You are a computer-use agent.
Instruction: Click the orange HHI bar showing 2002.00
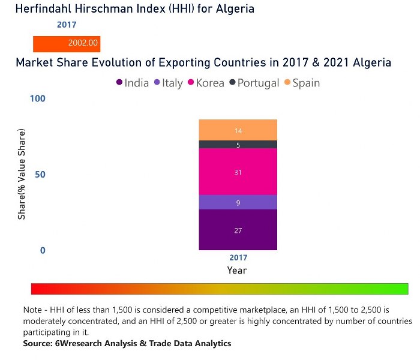[66, 44]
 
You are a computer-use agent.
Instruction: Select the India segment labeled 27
[238, 230]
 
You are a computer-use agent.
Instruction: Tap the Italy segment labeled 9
[238, 203]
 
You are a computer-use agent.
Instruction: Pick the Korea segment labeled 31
[238, 172]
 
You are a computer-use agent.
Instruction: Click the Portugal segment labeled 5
[238, 145]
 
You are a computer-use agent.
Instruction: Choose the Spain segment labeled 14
[238, 130]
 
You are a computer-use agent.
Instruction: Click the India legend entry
[133, 83]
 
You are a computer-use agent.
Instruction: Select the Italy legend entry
[169, 83]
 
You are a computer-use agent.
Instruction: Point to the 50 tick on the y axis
[40, 175]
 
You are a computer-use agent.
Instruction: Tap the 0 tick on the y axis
[43, 250]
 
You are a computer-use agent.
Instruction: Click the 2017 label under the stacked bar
[238, 257]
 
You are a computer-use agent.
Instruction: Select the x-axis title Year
[237, 271]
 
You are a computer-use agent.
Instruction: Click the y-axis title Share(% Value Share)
[22, 174]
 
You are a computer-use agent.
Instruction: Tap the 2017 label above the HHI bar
[67, 25]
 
